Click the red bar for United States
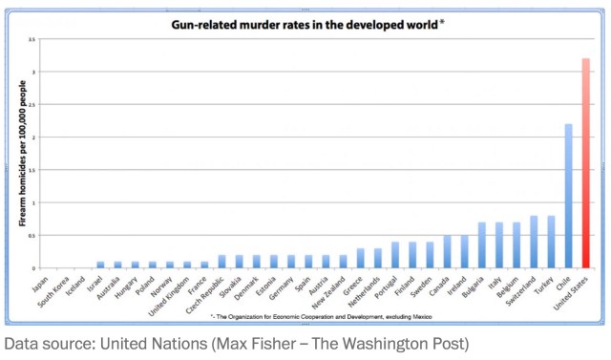point(584,163)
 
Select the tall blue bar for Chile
point(567,196)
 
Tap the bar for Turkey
point(551,242)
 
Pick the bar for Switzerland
point(534,242)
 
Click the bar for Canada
point(447,251)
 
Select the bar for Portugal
point(394,255)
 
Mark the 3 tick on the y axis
point(33,72)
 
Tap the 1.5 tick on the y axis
point(32,170)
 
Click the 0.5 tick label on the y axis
point(32,235)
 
